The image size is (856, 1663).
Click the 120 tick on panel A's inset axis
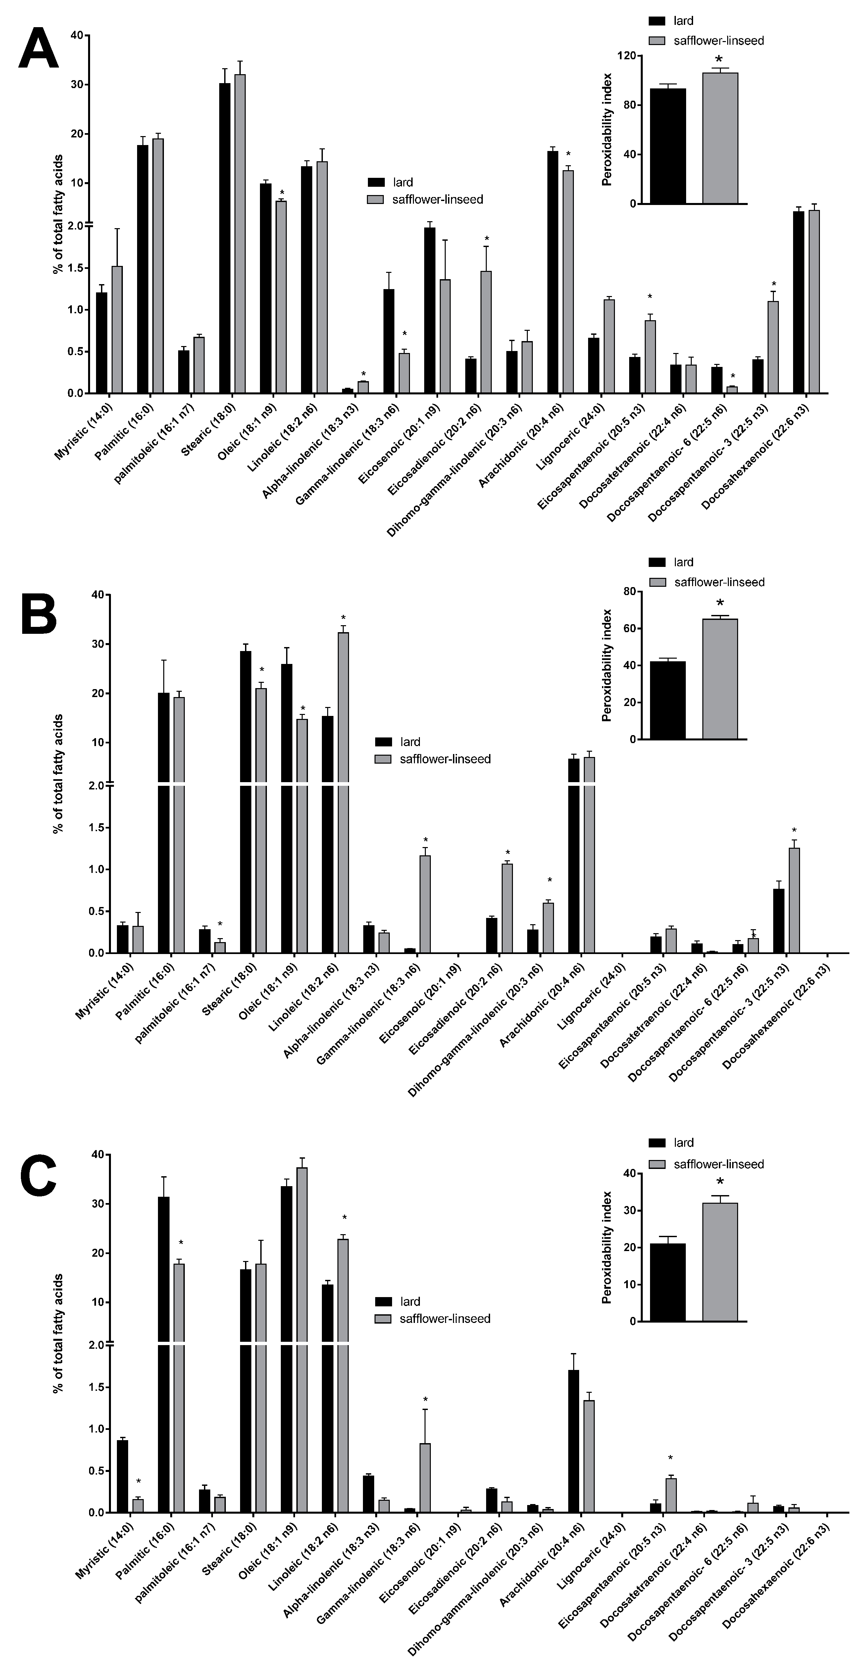tap(624, 56)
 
